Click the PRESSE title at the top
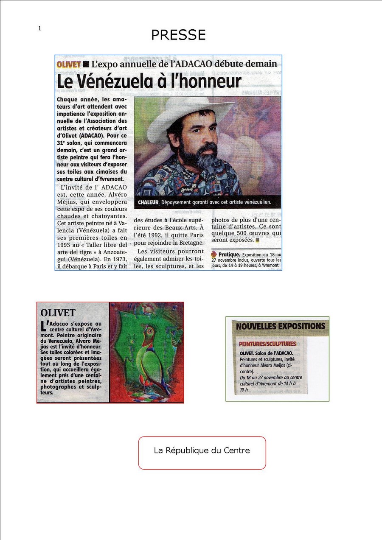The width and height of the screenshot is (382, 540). [178, 35]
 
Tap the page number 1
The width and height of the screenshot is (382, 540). [39, 28]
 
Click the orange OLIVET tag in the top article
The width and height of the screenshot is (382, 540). [68, 64]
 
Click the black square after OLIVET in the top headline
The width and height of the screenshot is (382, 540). [86, 64]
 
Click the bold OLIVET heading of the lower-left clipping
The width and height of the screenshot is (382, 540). [58, 313]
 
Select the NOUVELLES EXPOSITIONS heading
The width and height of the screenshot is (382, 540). [281, 326]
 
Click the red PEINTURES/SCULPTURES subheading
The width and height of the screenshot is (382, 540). [267, 343]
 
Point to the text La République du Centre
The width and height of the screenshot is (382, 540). [202, 450]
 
